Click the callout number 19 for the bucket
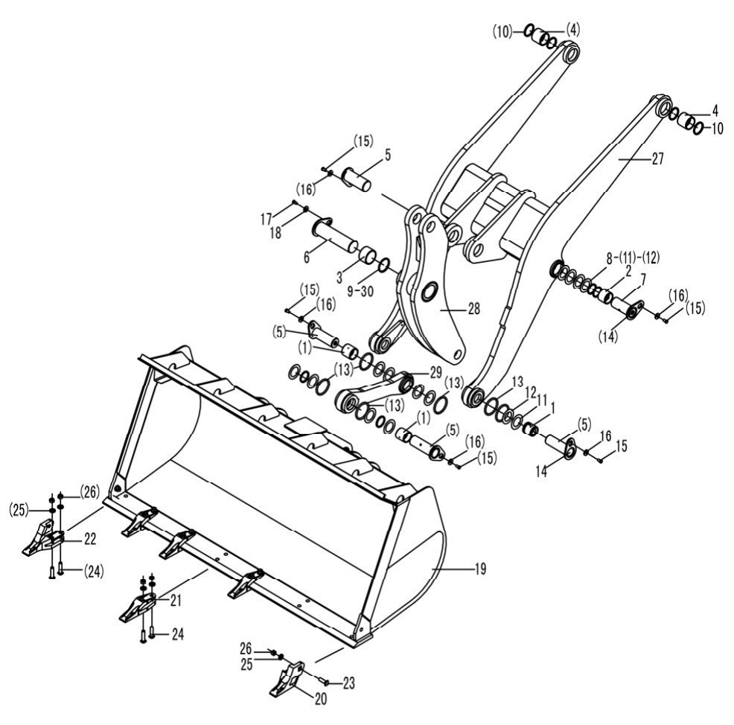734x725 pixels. tap(480, 569)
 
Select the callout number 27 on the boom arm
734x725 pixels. tap(658, 159)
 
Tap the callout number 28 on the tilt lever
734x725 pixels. tap(473, 309)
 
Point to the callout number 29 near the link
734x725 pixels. tap(435, 373)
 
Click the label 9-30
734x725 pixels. tap(360, 291)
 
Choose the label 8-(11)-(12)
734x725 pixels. tap(633, 258)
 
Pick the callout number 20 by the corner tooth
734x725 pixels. tap(321, 699)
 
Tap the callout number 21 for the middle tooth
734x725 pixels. tap(176, 601)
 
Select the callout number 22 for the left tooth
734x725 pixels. tap(90, 539)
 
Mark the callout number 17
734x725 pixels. tap(267, 219)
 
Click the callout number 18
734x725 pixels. tap(275, 233)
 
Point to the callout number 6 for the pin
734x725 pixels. tap(307, 257)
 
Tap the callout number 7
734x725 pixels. tap(643, 280)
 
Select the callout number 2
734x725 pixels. tap(628, 270)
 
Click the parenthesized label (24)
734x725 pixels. tap(94, 572)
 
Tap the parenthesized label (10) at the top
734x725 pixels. tap(502, 32)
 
